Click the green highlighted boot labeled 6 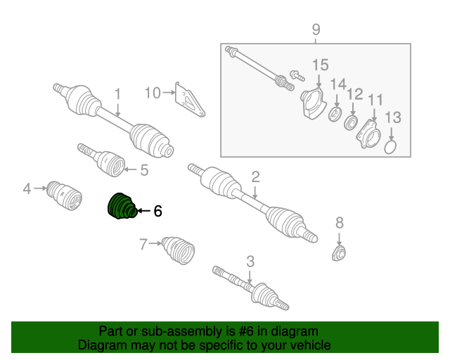pos(122,206)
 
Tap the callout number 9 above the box pos(316,30)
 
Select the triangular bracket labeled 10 pos(189,100)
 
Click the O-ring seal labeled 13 pos(390,147)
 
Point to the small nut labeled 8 pos(339,253)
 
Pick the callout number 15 pos(321,65)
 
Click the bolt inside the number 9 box pos(297,76)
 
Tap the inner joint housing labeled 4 pos(65,195)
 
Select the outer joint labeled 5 pos(102,160)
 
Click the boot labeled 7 pos(178,250)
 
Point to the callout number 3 pos(250,262)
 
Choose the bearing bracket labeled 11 pos(368,134)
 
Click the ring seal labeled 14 pos(335,114)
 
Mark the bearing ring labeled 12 pos(351,122)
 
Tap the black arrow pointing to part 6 pos(144,211)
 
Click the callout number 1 pos(117,94)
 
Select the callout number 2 pos(255,177)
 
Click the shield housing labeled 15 pos(314,103)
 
